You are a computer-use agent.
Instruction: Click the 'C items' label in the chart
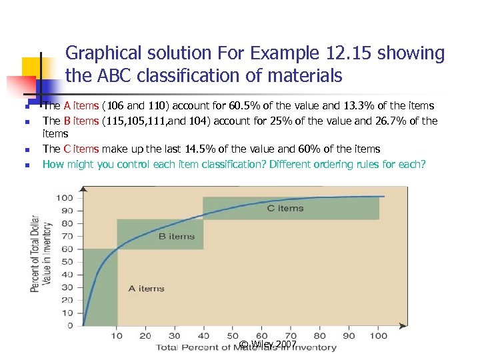click(285, 208)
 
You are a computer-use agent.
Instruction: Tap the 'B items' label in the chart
click(176, 236)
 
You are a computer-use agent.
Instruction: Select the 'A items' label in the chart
click(146, 288)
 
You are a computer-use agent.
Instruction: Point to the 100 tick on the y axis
click(65, 197)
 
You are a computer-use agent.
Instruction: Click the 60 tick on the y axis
click(67, 249)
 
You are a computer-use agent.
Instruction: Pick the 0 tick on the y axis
click(70, 325)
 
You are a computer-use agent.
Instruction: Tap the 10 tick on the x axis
click(116, 335)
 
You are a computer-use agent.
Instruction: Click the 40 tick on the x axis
click(203, 335)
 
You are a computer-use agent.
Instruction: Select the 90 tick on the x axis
click(349, 335)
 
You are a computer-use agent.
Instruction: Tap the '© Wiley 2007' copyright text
click(268, 344)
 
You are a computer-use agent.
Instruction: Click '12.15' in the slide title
click(350, 53)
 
